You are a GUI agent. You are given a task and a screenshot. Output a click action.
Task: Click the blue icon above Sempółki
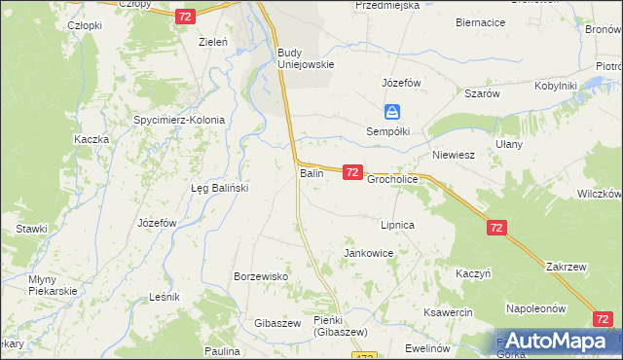click(x=390, y=112)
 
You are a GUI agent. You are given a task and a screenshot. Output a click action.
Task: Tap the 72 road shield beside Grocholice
click(x=352, y=172)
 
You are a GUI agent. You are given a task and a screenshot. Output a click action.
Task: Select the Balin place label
click(x=311, y=173)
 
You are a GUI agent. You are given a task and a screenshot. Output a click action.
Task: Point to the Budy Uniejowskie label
click(x=306, y=58)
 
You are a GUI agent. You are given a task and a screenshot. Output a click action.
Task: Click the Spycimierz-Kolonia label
click(x=179, y=121)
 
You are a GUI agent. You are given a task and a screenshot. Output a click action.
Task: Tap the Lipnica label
click(x=398, y=225)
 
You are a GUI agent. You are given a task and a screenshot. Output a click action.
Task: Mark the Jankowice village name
click(x=369, y=253)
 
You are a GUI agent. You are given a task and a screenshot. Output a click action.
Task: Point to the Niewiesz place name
click(x=453, y=155)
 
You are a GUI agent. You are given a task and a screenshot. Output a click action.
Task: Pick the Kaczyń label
click(x=472, y=273)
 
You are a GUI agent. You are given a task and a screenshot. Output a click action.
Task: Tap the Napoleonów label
click(x=536, y=308)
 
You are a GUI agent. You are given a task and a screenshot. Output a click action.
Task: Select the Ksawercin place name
click(x=448, y=312)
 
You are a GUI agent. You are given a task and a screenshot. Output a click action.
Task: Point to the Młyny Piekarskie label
click(x=39, y=285)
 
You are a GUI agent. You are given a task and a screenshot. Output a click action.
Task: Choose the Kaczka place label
click(x=91, y=139)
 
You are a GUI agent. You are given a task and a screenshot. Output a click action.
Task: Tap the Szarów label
click(x=482, y=93)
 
